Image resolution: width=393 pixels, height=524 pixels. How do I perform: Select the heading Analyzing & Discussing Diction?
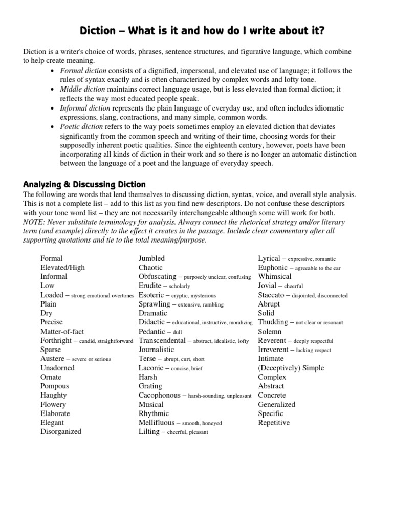(x=84, y=184)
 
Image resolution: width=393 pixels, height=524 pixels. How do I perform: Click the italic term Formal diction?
(x=83, y=71)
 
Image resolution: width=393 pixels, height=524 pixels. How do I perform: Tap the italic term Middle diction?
(x=84, y=90)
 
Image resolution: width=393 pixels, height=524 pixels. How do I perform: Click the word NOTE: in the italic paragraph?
(x=35, y=222)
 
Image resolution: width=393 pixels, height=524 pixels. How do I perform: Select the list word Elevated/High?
(x=62, y=267)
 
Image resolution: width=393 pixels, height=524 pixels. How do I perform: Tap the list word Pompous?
(x=54, y=386)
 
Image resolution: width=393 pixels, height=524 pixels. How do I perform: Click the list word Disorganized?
(x=61, y=431)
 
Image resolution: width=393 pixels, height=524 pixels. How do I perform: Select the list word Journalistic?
(x=156, y=350)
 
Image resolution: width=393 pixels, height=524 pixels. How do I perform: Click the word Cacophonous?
(x=159, y=395)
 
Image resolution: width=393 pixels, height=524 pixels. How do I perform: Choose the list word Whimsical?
(x=275, y=276)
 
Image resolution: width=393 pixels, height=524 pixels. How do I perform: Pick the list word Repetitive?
(x=274, y=423)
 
